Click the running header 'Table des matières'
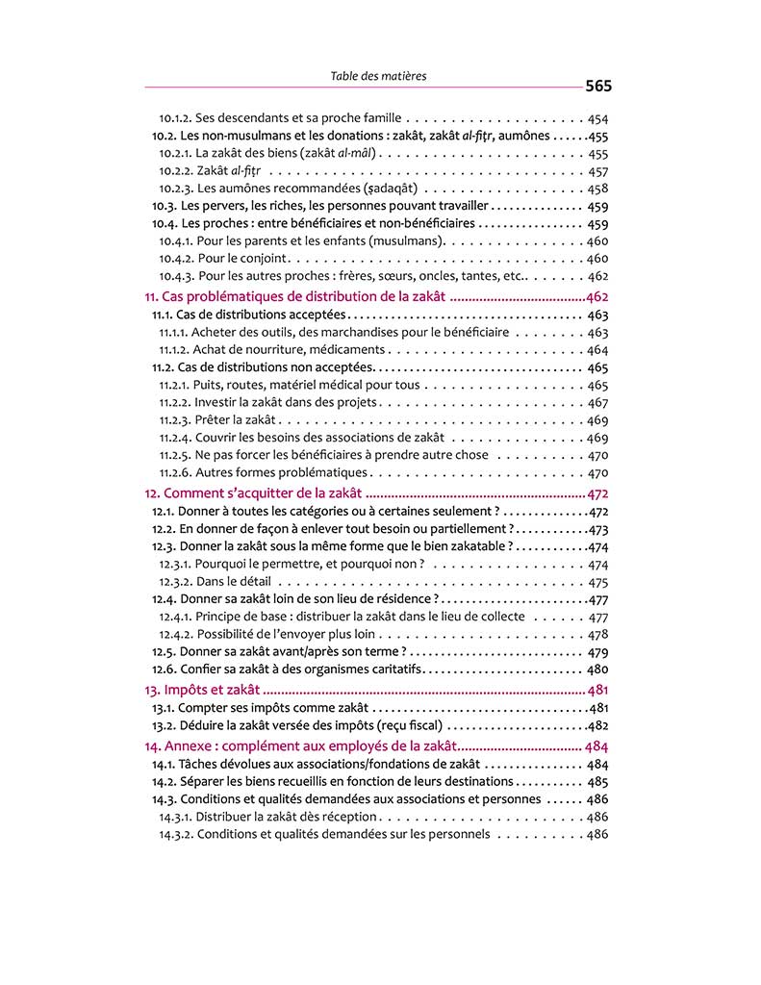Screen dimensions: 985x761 point(378,76)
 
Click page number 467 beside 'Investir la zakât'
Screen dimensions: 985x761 point(596,403)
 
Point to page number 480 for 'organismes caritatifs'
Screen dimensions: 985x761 point(596,669)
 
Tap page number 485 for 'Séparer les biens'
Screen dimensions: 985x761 point(596,782)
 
